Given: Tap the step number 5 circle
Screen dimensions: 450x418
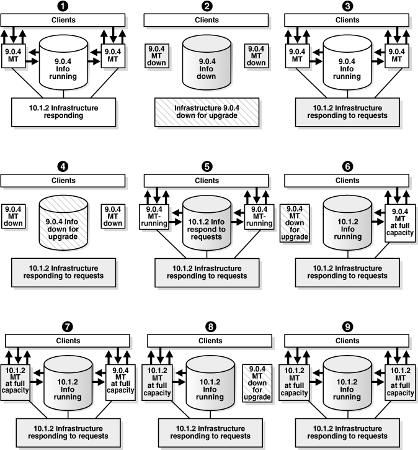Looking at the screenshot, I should pyautogui.click(x=207, y=167).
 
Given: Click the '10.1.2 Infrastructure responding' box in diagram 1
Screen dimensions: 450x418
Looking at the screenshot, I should pyautogui.click(x=63, y=112).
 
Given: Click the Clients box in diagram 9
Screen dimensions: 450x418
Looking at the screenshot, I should pyautogui.click(x=347, y=341).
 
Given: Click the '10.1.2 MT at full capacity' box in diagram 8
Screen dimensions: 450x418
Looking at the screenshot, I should pyautogui.click(x=160, y=380).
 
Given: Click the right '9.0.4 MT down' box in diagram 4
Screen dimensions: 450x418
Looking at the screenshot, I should pyautogui.click(x=113, y=215).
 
